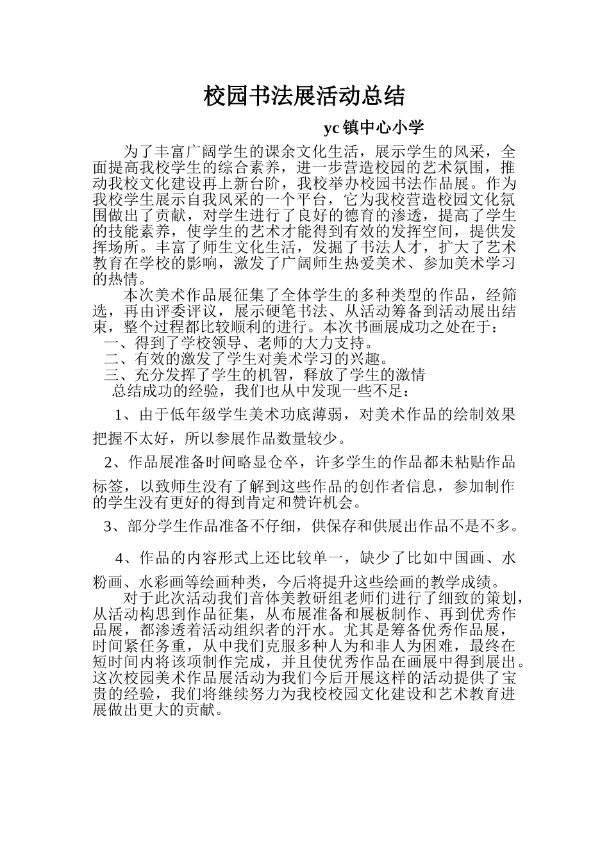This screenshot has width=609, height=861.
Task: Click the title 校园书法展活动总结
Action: pyautogui.click(x=304, y=96)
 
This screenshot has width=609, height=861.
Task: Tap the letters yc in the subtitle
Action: pyautogui.click(x=331, y=128)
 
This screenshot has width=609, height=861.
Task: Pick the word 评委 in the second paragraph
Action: pyautogui.click(x=171, y=311)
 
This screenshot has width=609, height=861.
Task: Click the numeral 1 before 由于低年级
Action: pyautogui.click(x=119, y=414)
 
